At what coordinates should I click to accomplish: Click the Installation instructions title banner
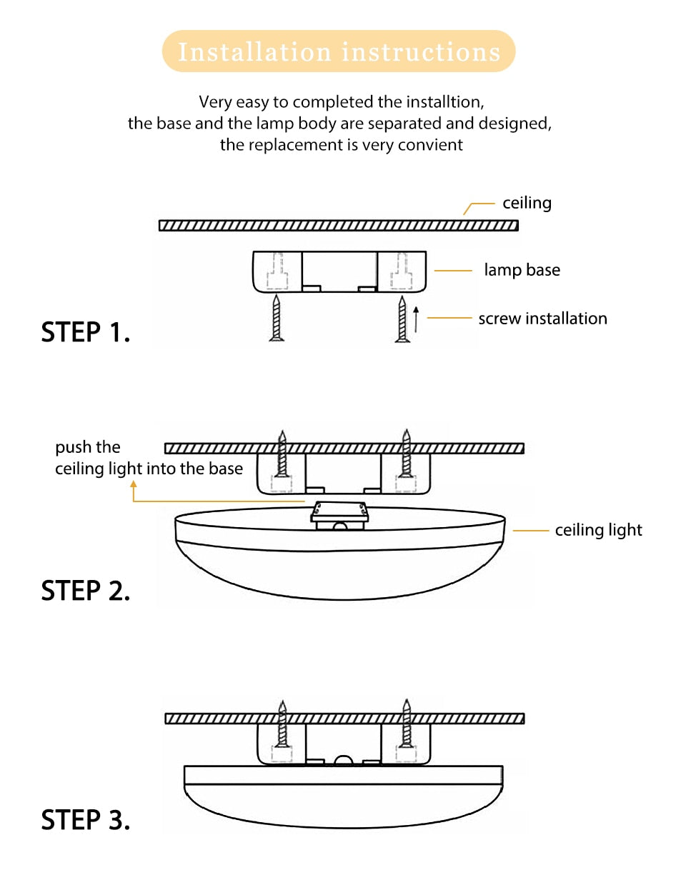coord(339,51)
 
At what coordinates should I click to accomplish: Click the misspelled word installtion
coord(452,101)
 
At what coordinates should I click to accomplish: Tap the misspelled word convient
coord(433,144)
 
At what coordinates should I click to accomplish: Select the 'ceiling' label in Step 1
coord(527,203)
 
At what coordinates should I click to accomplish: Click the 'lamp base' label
coord(522,270)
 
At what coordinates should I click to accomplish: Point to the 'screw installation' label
coord(542,319)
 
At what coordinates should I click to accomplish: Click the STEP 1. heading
coord(86,333)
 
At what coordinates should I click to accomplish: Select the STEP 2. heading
coord(86,591)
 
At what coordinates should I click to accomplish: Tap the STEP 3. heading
coord(86,819)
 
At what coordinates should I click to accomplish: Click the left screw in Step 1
coord(277,319)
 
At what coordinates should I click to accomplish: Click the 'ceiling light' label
coord(598,530)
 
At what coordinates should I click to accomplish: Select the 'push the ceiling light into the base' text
coord(149,459)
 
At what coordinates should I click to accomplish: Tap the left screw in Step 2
coord(283,454)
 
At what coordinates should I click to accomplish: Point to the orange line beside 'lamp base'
coord(453,271)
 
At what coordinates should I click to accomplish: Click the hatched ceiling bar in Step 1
coord(338,226)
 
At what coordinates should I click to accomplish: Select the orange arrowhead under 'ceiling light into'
coord(134,484)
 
